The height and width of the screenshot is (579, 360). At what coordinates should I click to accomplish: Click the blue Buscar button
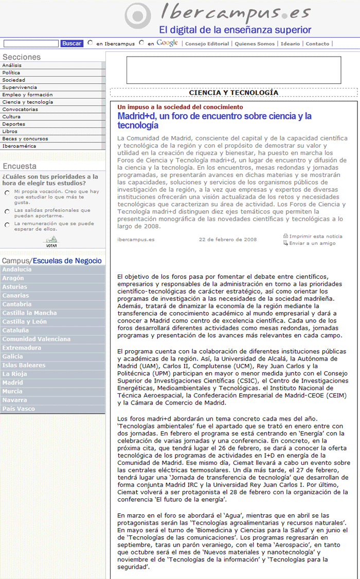tap(72, 44)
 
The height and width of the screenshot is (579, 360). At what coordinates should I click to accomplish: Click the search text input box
tap(31, 44)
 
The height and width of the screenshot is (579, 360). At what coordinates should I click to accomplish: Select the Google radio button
tap(141, 43)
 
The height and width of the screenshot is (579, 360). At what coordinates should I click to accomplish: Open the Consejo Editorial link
tap(207, 44)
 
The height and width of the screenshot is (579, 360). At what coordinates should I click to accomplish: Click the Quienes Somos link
tap(255, 44)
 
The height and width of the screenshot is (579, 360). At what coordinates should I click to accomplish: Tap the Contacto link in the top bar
tap(317, 44)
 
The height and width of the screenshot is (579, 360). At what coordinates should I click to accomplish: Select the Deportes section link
tap(13, 124)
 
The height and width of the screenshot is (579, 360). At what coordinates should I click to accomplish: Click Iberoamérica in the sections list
tap(19, 146)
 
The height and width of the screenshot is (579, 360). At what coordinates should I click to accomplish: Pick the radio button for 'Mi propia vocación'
tap(7, 193)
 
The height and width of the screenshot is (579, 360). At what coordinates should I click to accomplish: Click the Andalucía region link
tap(17, 269)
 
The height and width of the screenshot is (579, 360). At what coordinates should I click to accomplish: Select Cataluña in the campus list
tap(15, 331)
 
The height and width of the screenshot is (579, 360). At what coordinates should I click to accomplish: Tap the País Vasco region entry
tap(19, 409)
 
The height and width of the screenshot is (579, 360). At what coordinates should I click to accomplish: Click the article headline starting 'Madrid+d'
tap(214, 120)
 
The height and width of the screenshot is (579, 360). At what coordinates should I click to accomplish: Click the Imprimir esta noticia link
tap(315, 237)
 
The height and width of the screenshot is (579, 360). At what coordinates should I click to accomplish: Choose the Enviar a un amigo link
tap(312, 243)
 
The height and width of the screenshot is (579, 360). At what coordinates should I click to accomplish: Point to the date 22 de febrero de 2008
tap(227, 239)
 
